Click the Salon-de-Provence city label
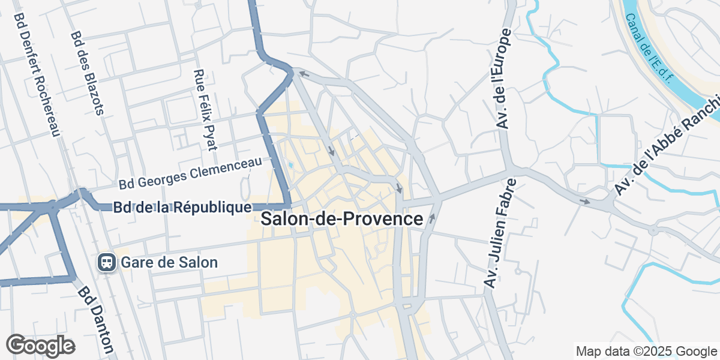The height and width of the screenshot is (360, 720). [342, 219]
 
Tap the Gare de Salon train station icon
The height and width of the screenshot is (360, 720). [107, 262]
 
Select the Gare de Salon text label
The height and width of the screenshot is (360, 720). [169, 262]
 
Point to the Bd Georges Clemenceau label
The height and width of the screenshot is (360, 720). [191, 172]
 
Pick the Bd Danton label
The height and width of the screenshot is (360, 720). [95, 319]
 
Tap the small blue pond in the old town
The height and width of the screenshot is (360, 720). [291, 165]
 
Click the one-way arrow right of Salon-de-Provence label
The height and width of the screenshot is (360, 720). [431, 218]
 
